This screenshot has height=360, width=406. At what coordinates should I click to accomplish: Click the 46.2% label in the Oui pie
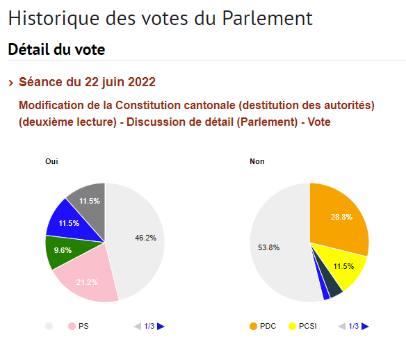tap(145, 238)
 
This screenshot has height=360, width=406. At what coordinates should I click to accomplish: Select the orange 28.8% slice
tap(341, 218)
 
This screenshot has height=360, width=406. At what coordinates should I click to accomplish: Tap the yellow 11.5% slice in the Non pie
tap(342, 267)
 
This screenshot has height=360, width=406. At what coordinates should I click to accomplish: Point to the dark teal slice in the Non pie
tap(333, 286)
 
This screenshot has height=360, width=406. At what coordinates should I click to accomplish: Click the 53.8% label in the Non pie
tap(268, 247)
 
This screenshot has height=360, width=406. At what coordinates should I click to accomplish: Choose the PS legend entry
tap(78, 326)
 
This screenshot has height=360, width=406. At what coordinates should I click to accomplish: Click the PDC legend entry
tap(263, 326)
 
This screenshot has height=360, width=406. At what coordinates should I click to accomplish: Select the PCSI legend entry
tap(302, 326)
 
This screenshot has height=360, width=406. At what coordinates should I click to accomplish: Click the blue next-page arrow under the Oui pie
tap(161, 327)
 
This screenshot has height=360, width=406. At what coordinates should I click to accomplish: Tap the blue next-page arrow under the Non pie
tap(365, 327)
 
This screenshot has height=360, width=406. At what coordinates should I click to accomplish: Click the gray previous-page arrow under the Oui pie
tap(138, 327)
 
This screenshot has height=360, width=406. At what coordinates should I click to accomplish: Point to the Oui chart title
tap(51, 161)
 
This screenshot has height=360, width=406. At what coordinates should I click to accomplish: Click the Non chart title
tap(257, 161)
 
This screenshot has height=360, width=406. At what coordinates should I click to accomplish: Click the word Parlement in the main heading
tap(268, 18)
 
